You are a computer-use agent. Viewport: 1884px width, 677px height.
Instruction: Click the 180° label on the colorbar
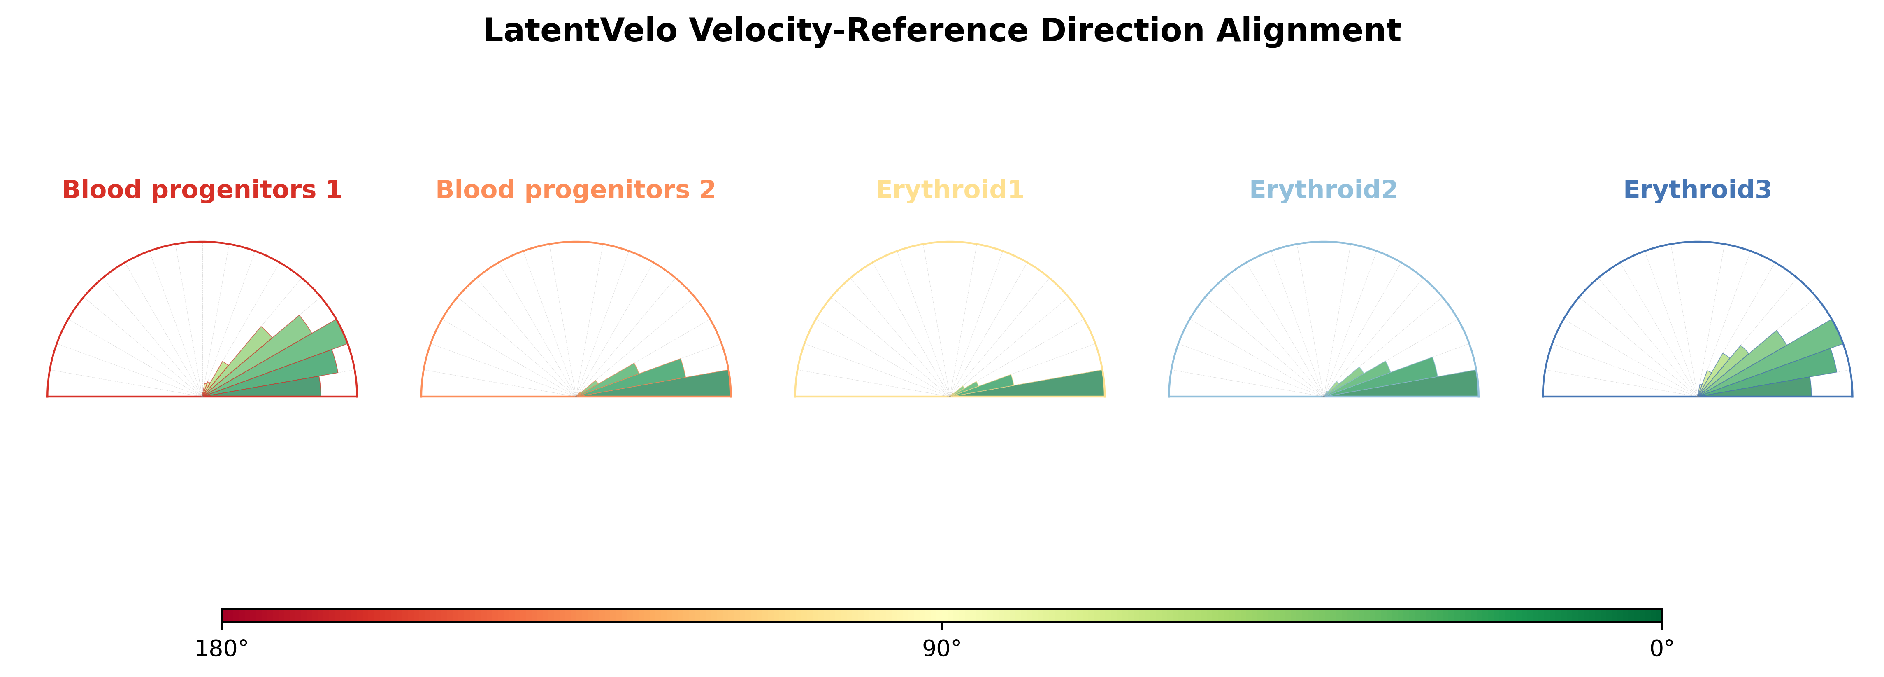pyautogui.click(x=222, y=649)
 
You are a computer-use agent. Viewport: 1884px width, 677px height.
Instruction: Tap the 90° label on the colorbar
pyautogui.click(x=942, y=649)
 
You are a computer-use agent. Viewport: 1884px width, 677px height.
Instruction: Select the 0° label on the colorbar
pyautogui.click(x=1662, y=649)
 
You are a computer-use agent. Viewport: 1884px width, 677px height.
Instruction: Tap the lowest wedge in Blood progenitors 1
pyautogui.click(x=262, y=388)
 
